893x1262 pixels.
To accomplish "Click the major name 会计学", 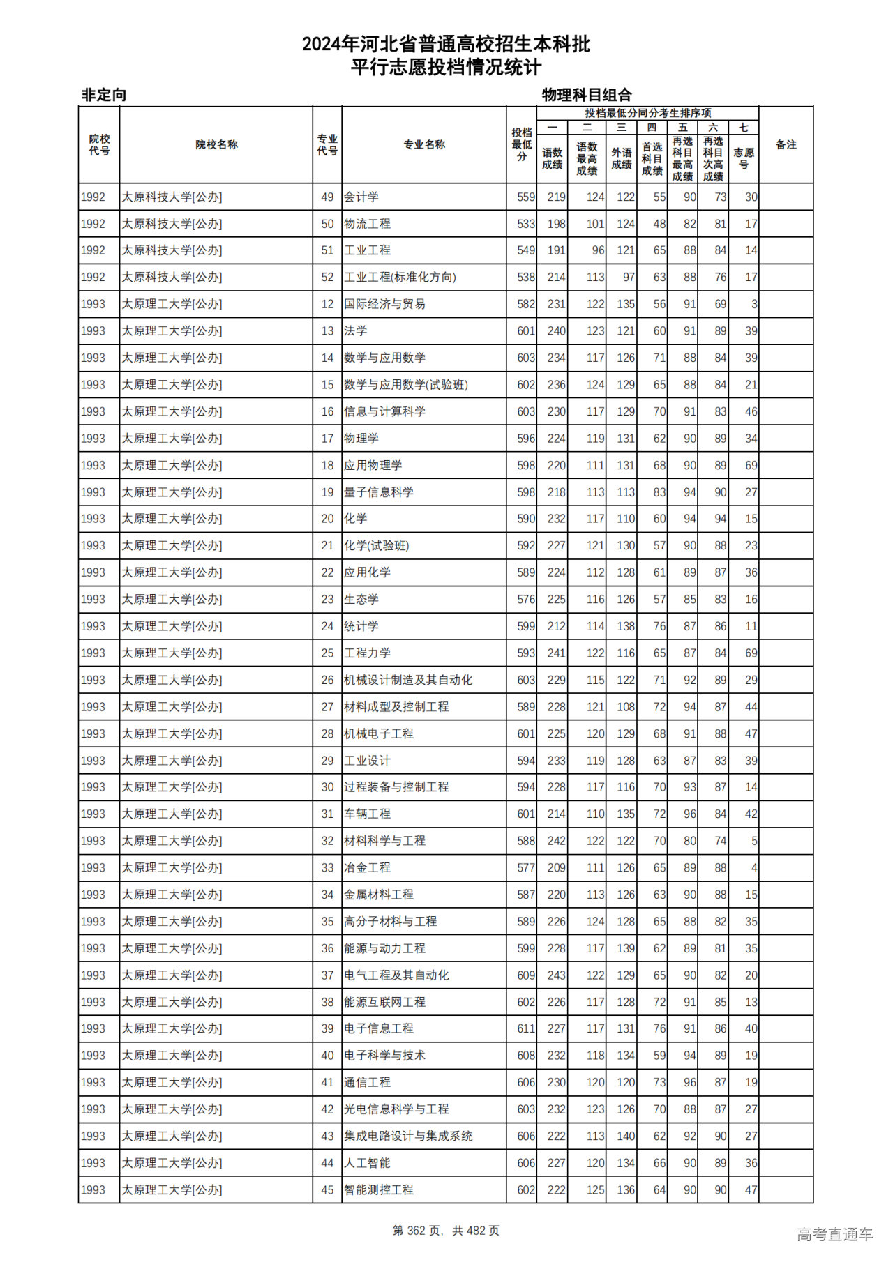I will coord(361,197).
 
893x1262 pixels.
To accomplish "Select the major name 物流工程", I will coord(367,224).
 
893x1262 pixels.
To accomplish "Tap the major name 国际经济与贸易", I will coord(384,304).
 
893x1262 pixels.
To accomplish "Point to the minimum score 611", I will coord(526,1028).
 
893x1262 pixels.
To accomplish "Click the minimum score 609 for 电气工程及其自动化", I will coord(526,975).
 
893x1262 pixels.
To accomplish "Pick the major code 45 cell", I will coord(327,1190).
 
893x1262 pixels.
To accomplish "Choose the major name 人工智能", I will coord(367,1163).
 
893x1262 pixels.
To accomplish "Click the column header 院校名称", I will coord(216,145).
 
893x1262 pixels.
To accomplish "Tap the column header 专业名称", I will coord(424,145).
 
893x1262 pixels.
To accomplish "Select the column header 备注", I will coord(786,145).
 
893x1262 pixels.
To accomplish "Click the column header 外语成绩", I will coord(622,158).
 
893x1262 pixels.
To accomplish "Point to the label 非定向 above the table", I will coord(104,95).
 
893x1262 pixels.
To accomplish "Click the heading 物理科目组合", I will coord(587,95).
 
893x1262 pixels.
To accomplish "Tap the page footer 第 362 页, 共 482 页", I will coord(446,1231).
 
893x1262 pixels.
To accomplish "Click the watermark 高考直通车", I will coord(835,1234).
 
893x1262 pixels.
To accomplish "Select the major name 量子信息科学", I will coord(379,492).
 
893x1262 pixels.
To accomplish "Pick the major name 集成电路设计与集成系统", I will coord(408,1136).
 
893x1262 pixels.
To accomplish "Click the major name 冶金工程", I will coord(367,868).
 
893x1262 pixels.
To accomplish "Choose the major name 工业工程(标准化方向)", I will coord(400,278).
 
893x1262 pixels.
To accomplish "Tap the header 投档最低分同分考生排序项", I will coord(647,113).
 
